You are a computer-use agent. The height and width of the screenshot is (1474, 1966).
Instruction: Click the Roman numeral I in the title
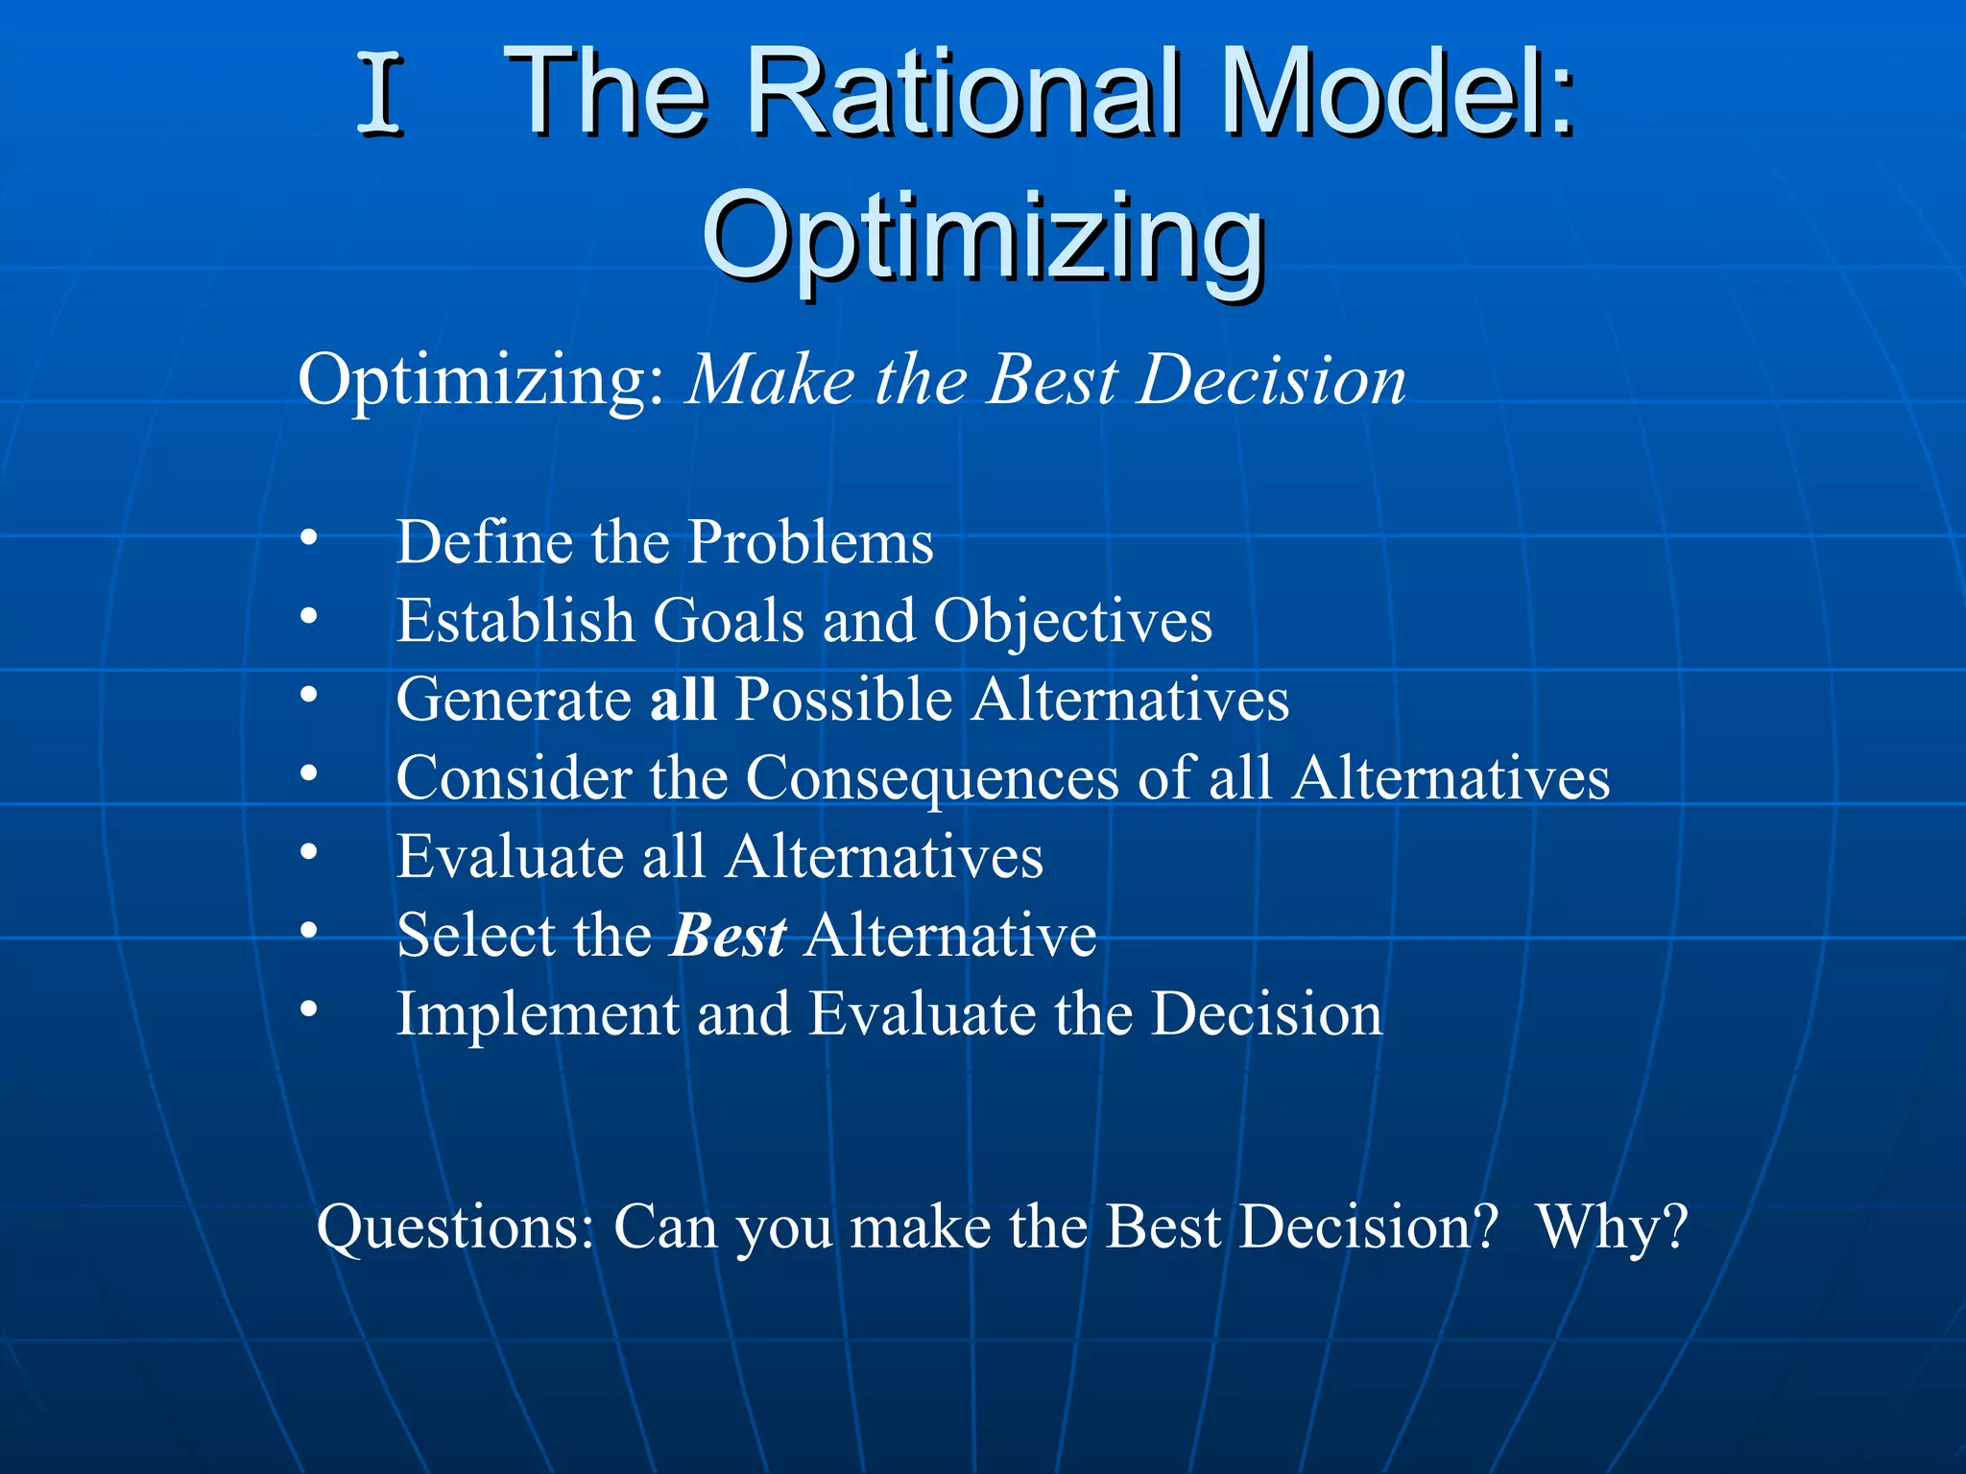click(x=379, y=94)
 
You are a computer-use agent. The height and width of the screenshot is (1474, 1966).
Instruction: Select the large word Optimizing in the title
click(x=983, y=235)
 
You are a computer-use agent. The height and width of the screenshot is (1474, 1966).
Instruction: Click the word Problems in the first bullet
click(x=811, y=543)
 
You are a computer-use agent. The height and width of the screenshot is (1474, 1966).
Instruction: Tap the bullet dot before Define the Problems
click(x=308, y=537)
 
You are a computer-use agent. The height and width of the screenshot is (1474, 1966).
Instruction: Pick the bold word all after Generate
click(x=683, y=699)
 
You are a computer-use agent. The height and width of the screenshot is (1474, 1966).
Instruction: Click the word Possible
click(x=844, y=699)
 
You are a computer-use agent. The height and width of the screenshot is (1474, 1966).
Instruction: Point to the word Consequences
click(x=932, y=778)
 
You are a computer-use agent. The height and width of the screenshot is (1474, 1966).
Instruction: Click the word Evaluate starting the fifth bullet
click(x=510, y=856)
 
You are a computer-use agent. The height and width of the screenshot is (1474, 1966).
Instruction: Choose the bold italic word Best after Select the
click(x=729, y=936)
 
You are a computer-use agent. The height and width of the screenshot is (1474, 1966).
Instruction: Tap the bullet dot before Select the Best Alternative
click(x=308, y=930)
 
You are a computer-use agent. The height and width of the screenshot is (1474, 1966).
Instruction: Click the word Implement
click(x=537, y=1015)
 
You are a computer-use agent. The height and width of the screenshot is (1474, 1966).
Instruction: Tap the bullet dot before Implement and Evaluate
click(x=308, y=1009)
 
